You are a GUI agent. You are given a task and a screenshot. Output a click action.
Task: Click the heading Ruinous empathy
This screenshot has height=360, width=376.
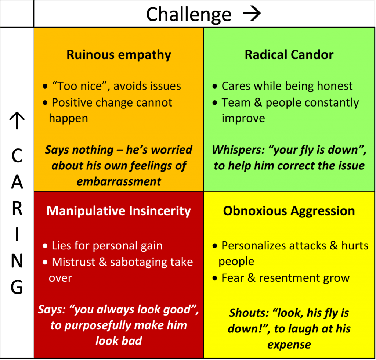click(x=119, y=55)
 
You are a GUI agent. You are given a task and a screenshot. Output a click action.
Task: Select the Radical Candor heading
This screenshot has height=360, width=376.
click(x=289, y=55)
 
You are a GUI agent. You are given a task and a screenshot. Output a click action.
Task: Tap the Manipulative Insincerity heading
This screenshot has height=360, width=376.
click(x=119, y=211)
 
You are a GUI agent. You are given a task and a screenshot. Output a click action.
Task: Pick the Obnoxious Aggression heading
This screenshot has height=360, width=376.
click(x=289, y=211)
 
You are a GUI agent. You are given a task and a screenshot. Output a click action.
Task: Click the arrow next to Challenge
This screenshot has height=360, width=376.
click(x=252, y=14)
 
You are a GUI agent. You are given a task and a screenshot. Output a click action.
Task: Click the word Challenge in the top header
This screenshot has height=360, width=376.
click(x=189, y=15)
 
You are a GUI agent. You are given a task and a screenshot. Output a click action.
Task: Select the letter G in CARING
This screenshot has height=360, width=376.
click(x=17, y=287)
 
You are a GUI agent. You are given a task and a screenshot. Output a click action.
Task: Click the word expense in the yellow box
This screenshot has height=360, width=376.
click(x=289, y=345)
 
